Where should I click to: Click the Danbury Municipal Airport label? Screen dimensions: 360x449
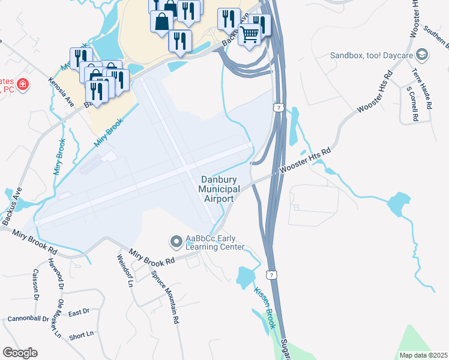(220, 189)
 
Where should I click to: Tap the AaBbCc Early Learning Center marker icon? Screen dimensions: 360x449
(176, 242)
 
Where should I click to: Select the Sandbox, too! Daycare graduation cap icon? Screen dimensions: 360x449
(423, 55)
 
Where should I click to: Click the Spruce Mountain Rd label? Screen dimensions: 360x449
(166, 294)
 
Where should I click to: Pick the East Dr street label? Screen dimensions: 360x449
(79, 312)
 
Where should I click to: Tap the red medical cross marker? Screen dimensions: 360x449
(23, 85)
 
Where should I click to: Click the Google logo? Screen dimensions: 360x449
(20, 353)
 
